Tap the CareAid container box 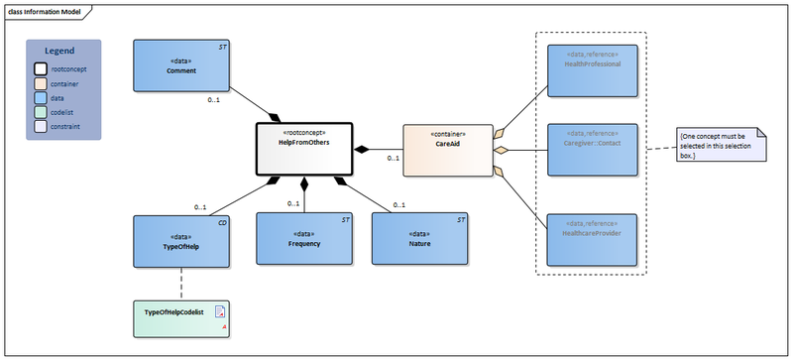click(x=447, y=150)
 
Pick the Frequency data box click(x=304, y=239)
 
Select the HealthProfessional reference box click(x=592, y=70)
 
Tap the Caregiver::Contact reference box click(x=592, y=149)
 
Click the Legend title click(x=64, y=50)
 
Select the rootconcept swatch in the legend click(x=42, y=68)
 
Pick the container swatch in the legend click(x=42, y=83)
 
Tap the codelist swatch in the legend click(x=42, y=112)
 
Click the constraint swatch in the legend click(x=42, y=127)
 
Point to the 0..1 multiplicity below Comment click(x=213, y=100)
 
